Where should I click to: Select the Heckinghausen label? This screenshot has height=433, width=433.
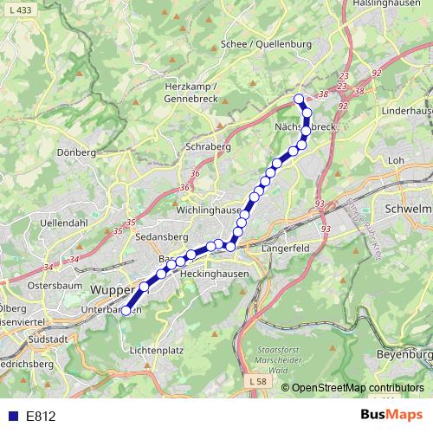click(x=214, y=273)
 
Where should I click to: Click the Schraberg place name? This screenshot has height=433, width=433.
click(x=208, y=147)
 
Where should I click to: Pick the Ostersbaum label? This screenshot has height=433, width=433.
click(x=55, y=284)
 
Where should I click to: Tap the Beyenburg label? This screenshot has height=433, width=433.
click(x=404, y=355)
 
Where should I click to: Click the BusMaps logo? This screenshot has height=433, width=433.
click(x=392, y=415)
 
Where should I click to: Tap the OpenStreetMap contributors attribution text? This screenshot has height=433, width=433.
click(x=358, y=388)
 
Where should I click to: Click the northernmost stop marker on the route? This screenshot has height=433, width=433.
click(x=299, y=99)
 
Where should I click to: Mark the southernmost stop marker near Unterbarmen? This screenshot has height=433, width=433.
click(x=126, y=310)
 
